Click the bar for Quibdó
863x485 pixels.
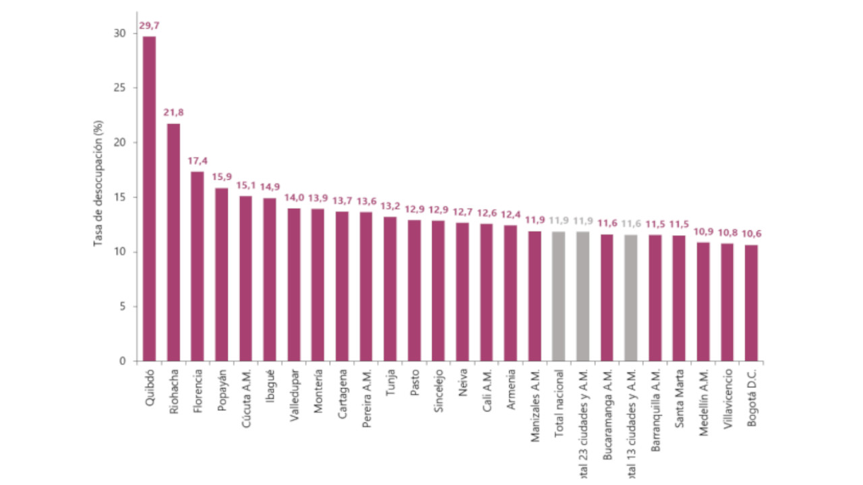point(149,199)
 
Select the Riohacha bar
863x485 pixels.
point(173,243)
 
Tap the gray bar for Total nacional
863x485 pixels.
point(558,296)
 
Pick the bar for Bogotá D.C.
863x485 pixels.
point(751,303)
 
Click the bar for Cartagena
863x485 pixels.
point(342,286)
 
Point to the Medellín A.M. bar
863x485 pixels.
point(703,302)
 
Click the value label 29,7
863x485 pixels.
point(149,26)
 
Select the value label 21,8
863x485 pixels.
point(173,112)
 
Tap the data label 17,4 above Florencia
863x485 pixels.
point(198,161)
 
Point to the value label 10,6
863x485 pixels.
point(752,234)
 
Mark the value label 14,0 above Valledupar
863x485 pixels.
point(294,198)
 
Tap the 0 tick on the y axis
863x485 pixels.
point(122,361)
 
